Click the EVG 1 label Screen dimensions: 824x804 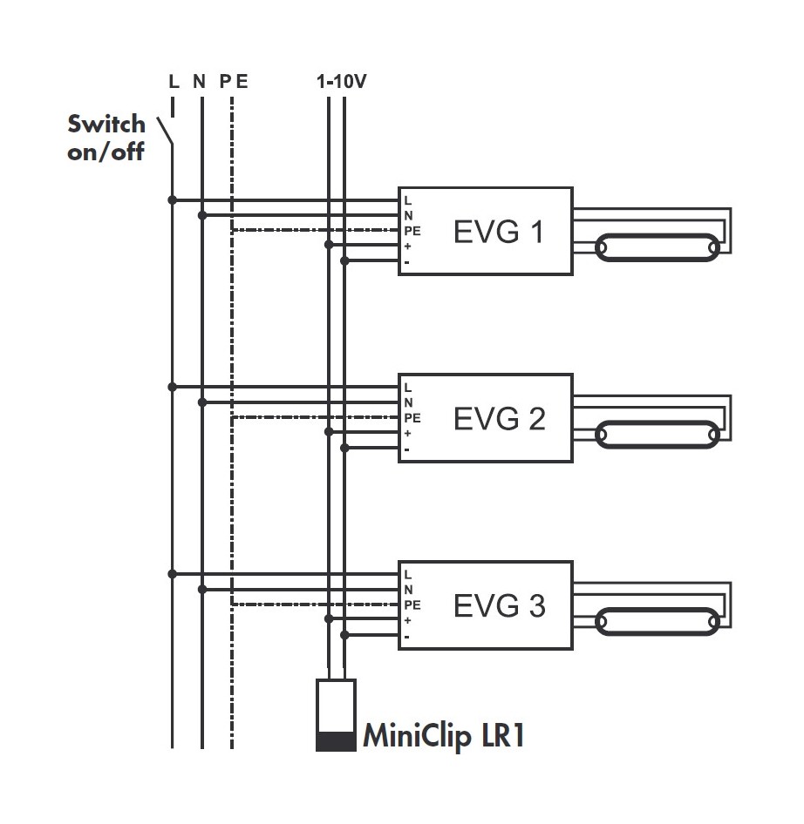pyautogui.click(x=498, y=233)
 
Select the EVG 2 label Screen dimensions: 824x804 pyautogui.click(x=499, y=419)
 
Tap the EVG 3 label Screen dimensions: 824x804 pyautogui.click(x=499, y=605)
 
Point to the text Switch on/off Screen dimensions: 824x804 pyautogui.click(x=106, y=137)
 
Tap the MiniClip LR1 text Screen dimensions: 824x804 pyautogui.click(x=442, y=736)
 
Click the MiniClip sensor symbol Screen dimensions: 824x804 pyautogui.click(x=336, y=715)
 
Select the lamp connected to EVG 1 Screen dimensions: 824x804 pyautogui.click(x=658, y=248)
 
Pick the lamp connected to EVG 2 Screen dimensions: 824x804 pyautogui.click(x=658, y=434)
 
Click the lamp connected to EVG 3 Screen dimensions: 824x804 pyautogui.click(x=658, y=621)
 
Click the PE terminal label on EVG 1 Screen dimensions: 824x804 pyautogui.click(x=412, y=231)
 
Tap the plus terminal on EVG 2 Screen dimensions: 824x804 pyautogui.click(x=407, y=433)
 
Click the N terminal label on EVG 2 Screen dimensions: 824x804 pyautogui.click(x=408, y=402)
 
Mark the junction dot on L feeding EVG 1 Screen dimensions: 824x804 pyautogui.click(x=173, y=200)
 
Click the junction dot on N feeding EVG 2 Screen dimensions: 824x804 pyautogui.click(x=202, y=402)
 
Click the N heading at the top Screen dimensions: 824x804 pyautogui.click(x=200, y=82)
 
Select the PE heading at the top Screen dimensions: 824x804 pyautogui.click(x=234, y=82)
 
